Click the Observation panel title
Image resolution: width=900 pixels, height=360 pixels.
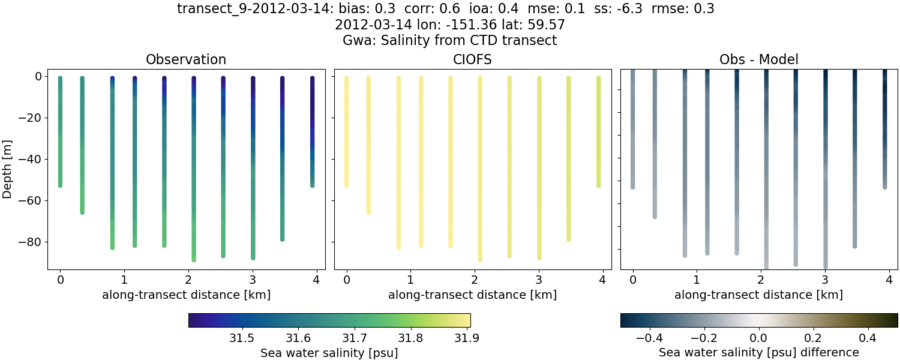coord(186,60)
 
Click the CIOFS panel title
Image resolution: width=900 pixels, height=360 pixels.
coord(472,60)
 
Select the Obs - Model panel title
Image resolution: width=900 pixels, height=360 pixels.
coord(758,60)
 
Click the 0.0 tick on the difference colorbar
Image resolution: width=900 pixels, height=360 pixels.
coord(759,338)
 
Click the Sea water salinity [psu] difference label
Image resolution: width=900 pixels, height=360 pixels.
coord(758,352)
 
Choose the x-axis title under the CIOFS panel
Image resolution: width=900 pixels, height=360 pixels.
coord(472,295)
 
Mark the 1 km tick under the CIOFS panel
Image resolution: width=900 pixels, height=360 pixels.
coord(410,280)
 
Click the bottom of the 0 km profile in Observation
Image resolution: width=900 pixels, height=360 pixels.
coord(60,185)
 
